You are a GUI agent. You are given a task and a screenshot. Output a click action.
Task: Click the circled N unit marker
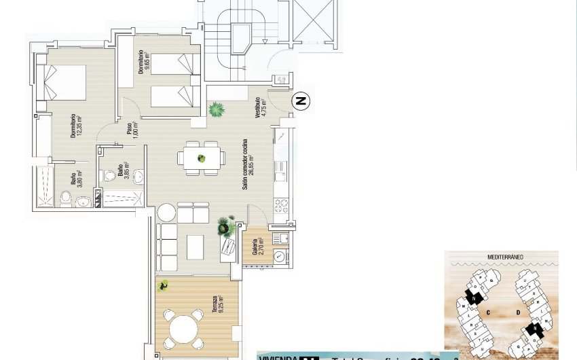pos(301,102)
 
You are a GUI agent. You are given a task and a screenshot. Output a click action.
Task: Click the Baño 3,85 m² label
pos(123,171)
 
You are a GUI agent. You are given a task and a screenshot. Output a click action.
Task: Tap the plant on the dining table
pos(201,158)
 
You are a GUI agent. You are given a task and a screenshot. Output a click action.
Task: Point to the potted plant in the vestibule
pos(217,109)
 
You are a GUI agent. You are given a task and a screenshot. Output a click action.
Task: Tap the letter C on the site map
pos(488,312)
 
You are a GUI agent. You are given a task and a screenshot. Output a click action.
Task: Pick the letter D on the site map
pos(517,312)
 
